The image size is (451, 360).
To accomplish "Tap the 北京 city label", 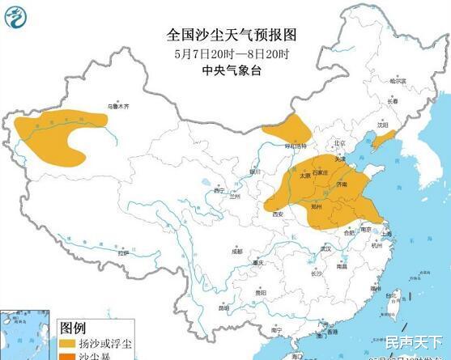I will coord(340,143).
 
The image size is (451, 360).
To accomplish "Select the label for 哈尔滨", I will coord(396,81).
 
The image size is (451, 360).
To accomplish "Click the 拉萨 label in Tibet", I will coord(122,254).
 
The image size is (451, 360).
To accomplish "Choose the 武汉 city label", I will coord(326,248).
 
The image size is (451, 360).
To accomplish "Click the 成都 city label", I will coord(236,252).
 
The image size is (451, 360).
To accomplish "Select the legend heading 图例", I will coord(73,328).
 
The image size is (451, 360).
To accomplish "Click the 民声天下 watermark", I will coord(415,343).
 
